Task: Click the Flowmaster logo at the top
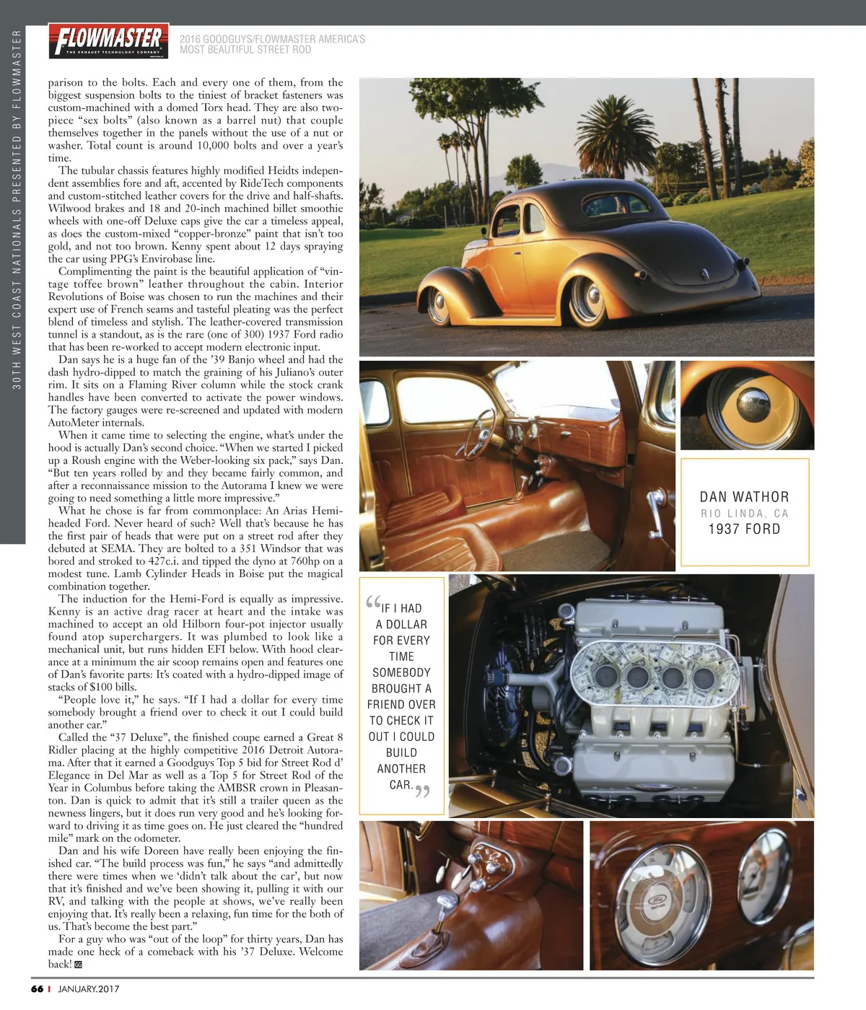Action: tap(108, 40)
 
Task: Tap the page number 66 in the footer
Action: tap(38, 989)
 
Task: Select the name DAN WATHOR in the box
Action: tap(744, 496)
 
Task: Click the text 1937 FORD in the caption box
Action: tap(744, 529)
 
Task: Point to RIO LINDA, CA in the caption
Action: tap(744, 514)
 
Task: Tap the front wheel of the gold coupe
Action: tap(439, 305)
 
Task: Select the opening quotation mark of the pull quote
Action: tap(373, 602)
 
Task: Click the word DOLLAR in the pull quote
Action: tap(406, 625)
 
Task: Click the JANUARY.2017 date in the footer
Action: tap(89, 989)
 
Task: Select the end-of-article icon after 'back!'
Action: tap(78, 965)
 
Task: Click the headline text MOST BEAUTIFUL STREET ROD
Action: tap(245, 50)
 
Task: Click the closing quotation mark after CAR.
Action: tap(423, 791)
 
